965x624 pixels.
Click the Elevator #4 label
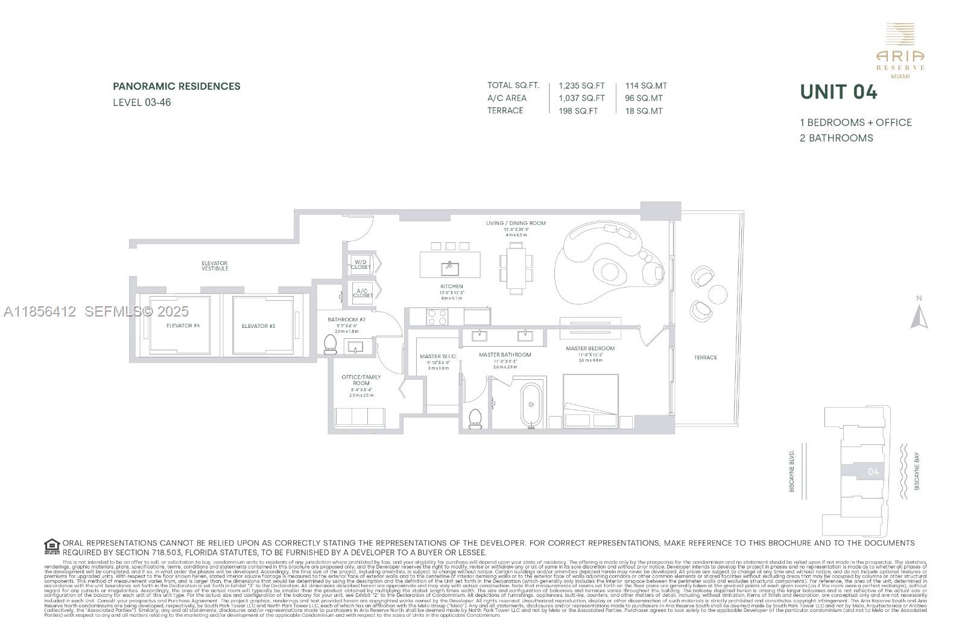[x=183, y=326]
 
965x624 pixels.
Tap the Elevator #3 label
[x=258, y=326]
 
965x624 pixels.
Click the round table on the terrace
[x=718, y=294]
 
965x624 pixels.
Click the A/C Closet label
[x=362, y=293]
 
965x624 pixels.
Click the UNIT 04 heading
[x=838, y=92]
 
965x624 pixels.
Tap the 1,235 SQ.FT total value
[x=581, y=86]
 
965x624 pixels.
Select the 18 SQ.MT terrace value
[x=644, y=111]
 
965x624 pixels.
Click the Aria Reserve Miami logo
[x=900, y=51]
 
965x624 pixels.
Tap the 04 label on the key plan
[x=873, y=471]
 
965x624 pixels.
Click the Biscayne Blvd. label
[x=792, y=470]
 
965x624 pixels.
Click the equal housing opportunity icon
[x=52, y=547]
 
